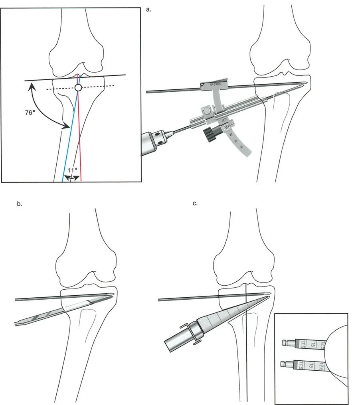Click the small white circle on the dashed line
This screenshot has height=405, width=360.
(x=78, y=87)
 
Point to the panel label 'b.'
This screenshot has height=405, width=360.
(x=19, y=204)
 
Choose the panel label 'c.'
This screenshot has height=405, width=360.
(x=195, y=204)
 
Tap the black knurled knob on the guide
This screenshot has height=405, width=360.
(x=210, y=134)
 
